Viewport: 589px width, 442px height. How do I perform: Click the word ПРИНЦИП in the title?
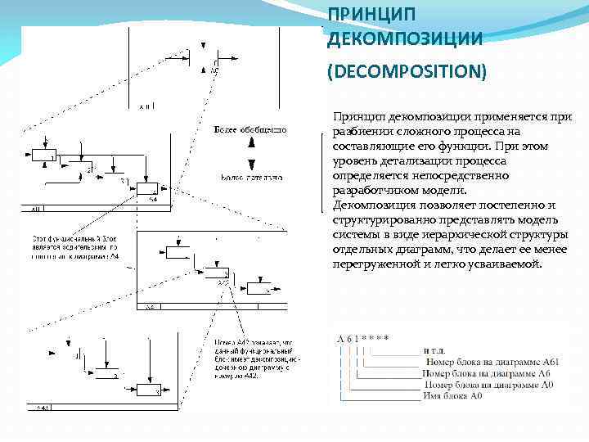[360, 16]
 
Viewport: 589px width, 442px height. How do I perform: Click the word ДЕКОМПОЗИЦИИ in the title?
[393, 38]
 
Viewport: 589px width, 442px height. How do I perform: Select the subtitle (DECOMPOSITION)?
[407, 73]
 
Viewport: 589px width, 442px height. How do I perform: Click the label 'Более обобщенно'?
[250, 130]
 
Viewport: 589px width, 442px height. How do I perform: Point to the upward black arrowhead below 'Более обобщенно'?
[251, 143]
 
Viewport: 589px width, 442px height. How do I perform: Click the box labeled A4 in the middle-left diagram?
[149, 189]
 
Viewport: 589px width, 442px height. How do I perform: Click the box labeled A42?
[218, 275]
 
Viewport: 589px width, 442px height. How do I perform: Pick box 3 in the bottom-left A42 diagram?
[146, 390]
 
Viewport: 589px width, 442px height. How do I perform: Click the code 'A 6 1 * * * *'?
[362, 338]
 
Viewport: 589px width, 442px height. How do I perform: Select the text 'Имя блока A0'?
[452, 396]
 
